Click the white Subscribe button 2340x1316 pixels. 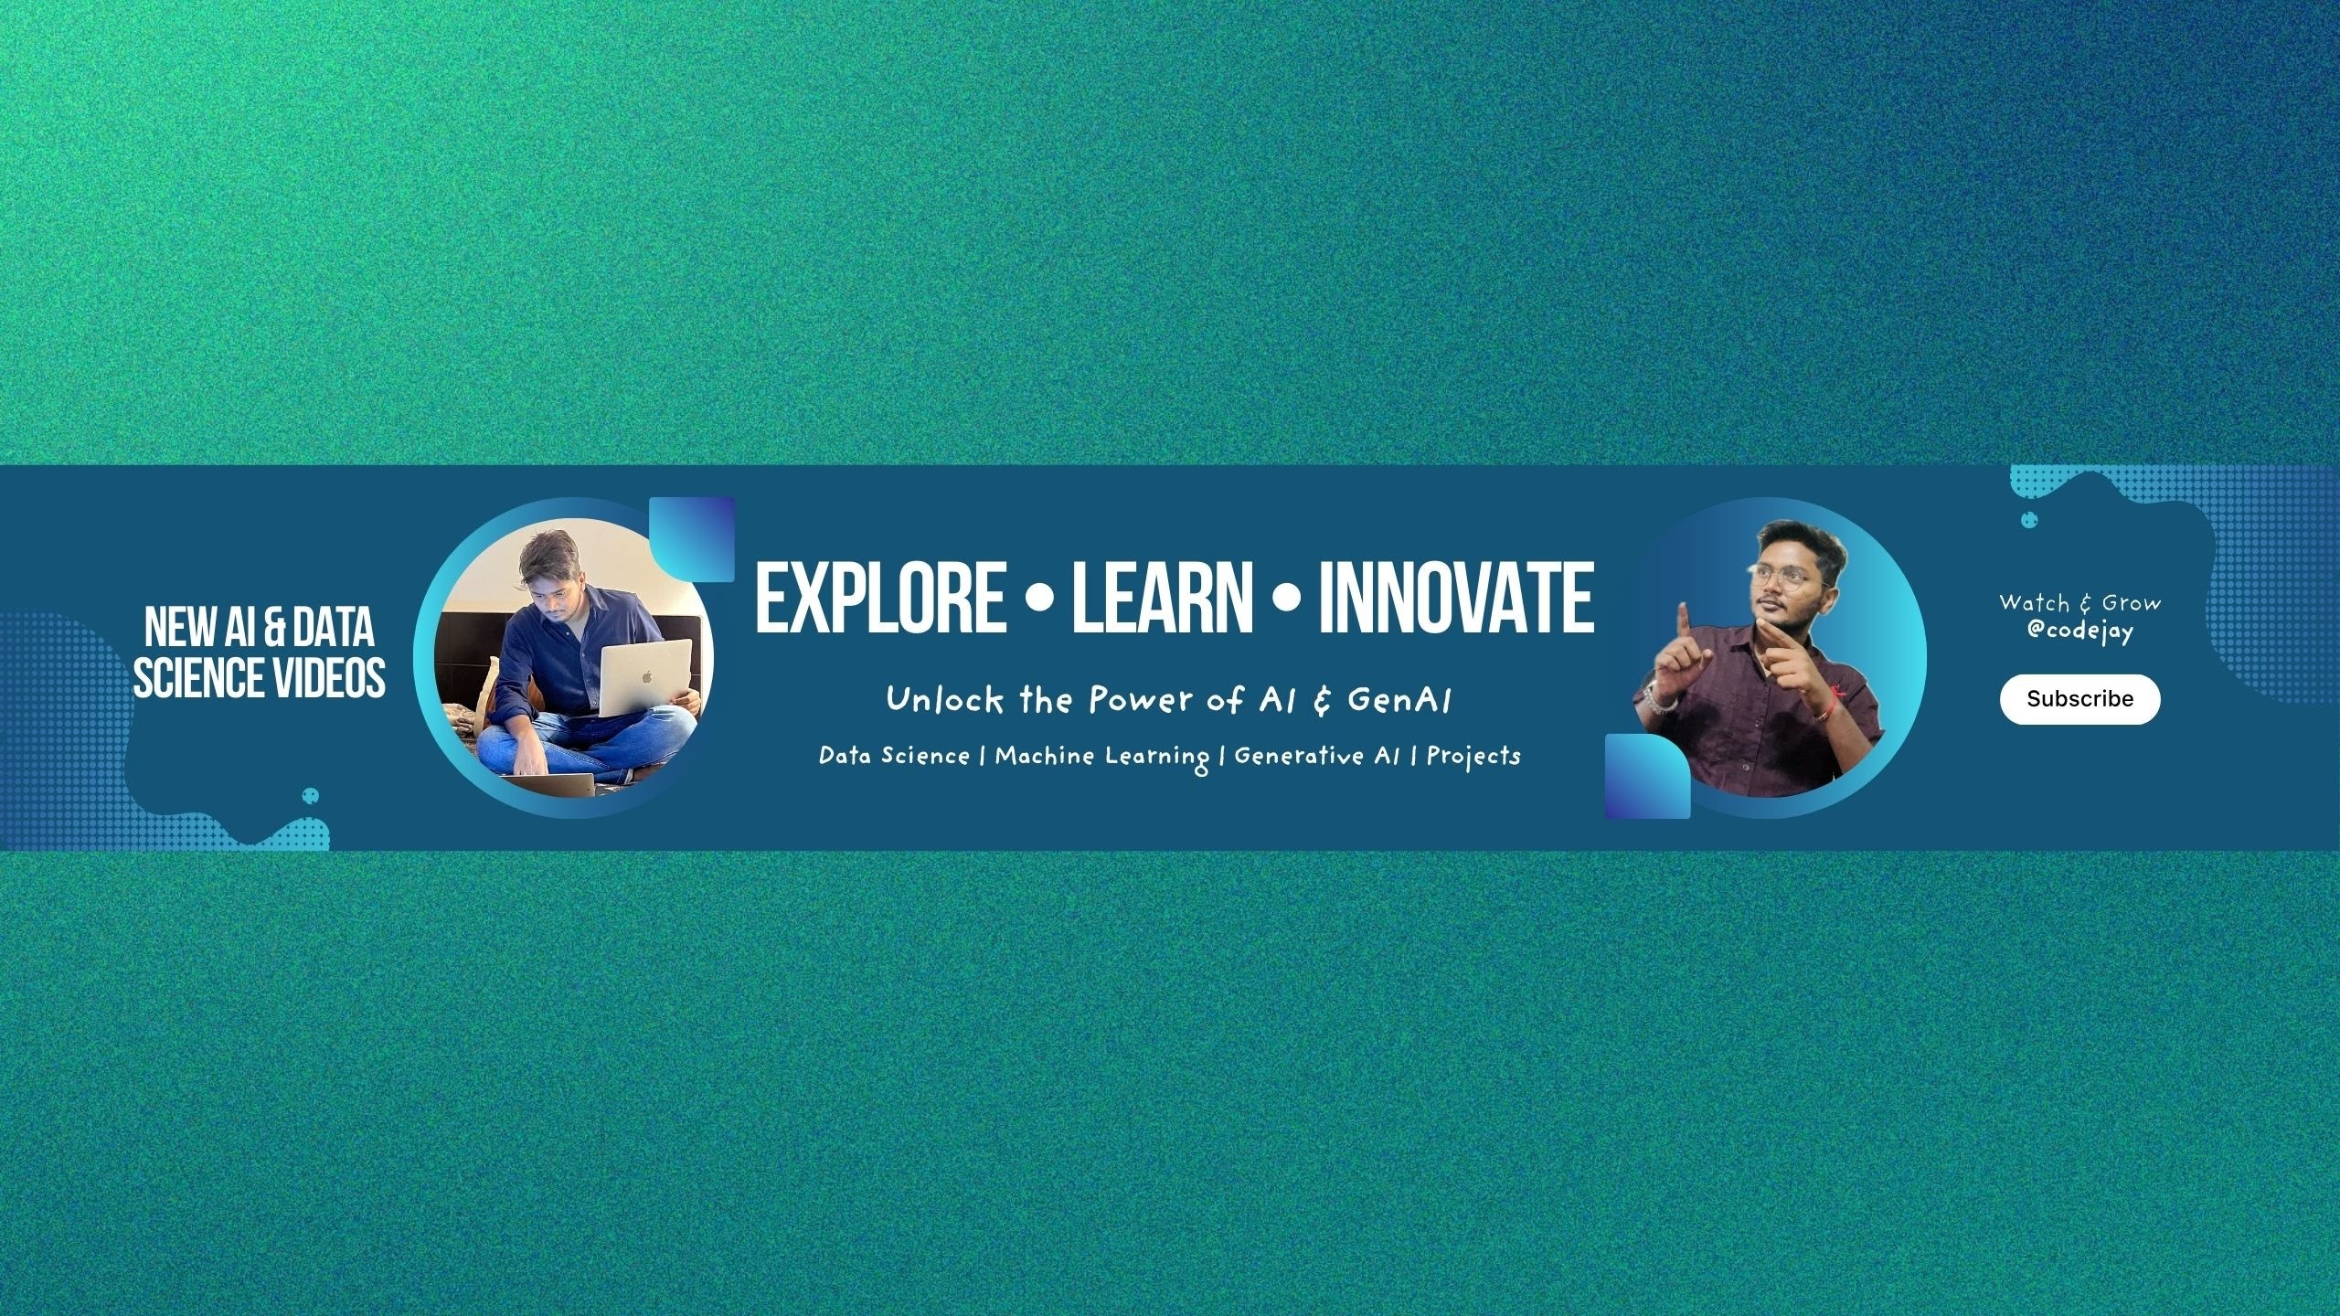tap(2079, 699)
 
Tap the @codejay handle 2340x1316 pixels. tap(2079, 631)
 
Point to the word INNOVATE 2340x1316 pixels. tap(1456, 598)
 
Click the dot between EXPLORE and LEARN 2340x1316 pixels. tap(1039, 600)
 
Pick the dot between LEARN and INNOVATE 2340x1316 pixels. tap(1286, 600)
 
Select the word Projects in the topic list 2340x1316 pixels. tap(1473, 756)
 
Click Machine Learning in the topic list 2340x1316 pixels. tap(1102, 757)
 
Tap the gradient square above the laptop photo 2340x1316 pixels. tap(692, 539)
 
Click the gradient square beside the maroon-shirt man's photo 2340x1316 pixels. tap(1648, 776)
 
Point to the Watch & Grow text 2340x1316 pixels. tap(2079, 603)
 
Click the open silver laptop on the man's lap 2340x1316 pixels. tap(645, 677)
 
